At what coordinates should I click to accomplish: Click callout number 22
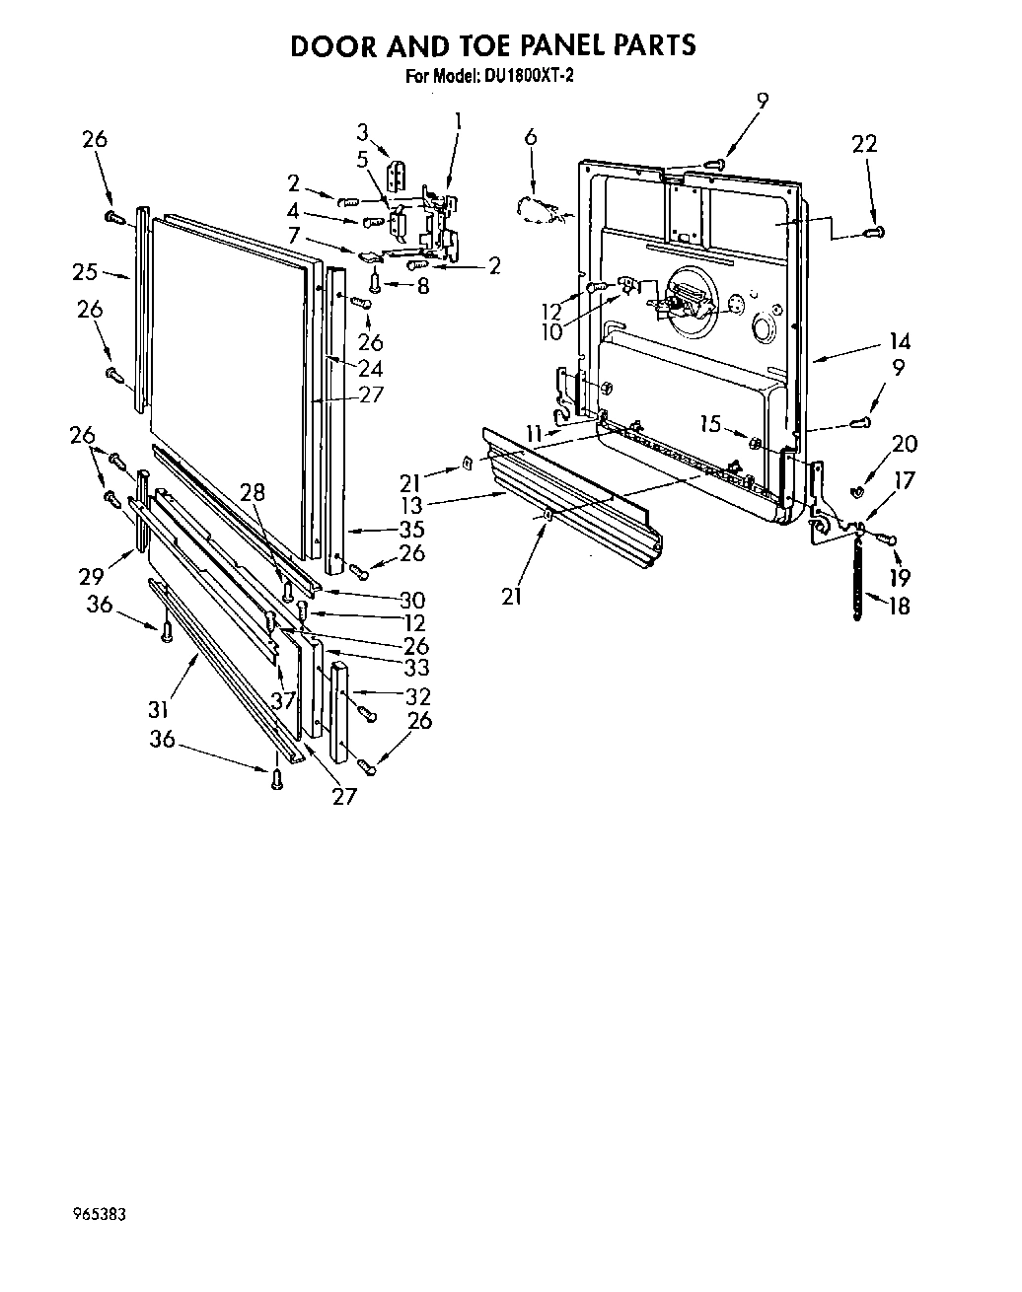[x=864, y=144]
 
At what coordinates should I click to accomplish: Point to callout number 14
[x=899, y=342]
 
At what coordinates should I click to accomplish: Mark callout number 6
[x=531, y=137]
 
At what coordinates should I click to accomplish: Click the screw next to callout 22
[x=871, y=233]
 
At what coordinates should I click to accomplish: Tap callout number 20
[x=905, y=444]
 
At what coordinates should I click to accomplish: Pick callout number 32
[x=418, y=695]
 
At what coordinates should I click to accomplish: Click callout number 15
[x=711, y=423]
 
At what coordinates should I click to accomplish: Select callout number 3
[x=363, y=132]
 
